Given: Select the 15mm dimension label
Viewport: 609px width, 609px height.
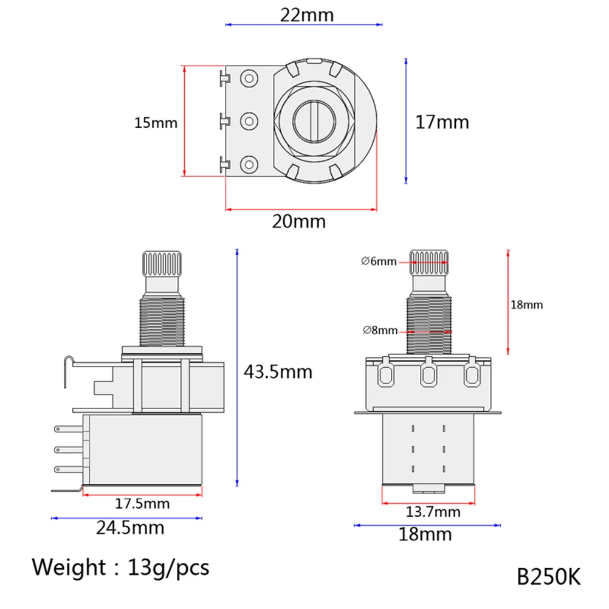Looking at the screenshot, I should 156,123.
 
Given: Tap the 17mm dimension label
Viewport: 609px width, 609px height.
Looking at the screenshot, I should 442,122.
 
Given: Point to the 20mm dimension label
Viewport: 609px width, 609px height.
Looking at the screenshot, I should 298,221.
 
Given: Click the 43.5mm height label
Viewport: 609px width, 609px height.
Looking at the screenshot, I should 277,371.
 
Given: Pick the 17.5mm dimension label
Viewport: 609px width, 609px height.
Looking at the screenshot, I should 142,504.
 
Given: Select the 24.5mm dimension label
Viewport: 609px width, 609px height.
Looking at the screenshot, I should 130,527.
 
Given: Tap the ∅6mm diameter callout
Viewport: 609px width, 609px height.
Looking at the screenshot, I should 379,261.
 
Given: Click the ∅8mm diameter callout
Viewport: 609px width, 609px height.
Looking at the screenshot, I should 380,331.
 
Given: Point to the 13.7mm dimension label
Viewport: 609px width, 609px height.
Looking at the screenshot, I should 433,512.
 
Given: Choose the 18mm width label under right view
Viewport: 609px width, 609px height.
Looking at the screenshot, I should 425,534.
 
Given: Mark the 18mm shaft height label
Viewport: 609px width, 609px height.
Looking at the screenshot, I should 526,304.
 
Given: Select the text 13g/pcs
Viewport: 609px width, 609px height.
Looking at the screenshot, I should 170,567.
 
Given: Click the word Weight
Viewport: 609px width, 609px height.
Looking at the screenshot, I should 69,567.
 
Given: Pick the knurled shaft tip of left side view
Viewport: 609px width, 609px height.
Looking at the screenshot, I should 163,263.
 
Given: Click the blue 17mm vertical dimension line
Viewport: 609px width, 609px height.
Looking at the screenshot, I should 405,122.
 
